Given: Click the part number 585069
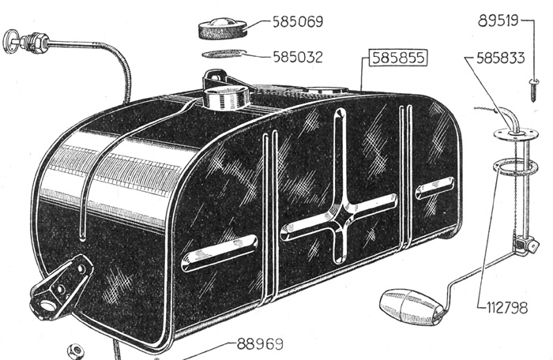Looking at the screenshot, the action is (298, 22).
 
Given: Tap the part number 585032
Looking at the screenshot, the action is (298, 57).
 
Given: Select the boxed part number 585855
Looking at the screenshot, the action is (398, 58).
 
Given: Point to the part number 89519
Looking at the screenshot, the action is (498, 21).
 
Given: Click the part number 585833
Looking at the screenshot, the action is (500, 58).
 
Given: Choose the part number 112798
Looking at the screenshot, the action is (507, 308).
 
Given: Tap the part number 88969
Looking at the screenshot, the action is (260, 343).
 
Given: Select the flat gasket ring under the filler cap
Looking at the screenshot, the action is (224, 54).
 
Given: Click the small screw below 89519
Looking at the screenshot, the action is (533, 90).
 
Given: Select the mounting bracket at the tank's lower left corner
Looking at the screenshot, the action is (62, 287).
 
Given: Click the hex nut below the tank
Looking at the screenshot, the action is (77, 351).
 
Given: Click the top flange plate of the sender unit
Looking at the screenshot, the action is (515, 133).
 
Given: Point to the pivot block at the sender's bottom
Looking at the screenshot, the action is (525, 245).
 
